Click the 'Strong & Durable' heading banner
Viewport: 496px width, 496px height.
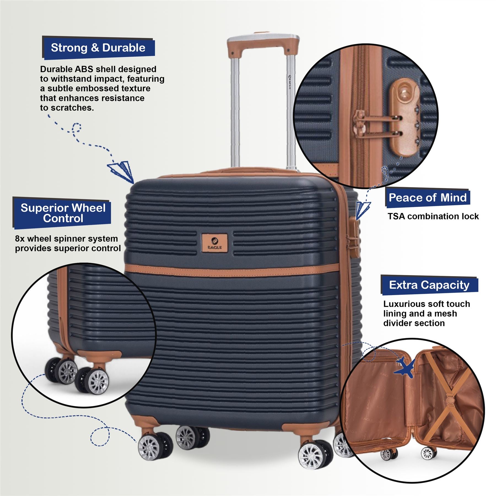[98, 48]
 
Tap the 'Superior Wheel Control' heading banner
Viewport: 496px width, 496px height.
[62, 213]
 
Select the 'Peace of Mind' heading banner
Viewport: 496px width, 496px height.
[427, 198]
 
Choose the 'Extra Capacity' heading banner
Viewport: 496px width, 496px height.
[429, 285]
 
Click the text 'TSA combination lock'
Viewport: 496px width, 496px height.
[433, 216]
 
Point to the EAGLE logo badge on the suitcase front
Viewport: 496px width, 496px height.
[215, 243]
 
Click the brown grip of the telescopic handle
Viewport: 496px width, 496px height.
[263, 44]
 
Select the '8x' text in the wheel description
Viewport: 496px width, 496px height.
[20, 239]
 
